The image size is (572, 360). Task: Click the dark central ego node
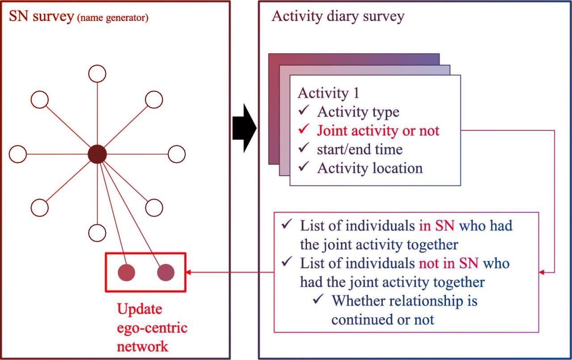(97, 154)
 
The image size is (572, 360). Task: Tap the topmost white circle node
(97, 73)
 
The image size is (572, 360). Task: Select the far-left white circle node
(18, 154)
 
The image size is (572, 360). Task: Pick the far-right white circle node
(177, 154)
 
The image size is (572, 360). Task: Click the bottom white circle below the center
(97, 232)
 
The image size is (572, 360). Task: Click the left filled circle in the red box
(126, 272)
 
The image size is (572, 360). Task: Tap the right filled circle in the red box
(166, 272)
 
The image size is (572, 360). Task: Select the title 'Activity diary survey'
(338, 16)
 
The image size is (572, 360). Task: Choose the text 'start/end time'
(360, 149)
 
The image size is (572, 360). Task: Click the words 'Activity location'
(370, 168)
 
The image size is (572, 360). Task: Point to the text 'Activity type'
(358, 112)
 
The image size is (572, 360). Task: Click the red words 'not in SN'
(449, 263)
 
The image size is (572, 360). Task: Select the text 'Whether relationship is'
(405, 301)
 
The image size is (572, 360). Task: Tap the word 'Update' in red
(139, 309)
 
